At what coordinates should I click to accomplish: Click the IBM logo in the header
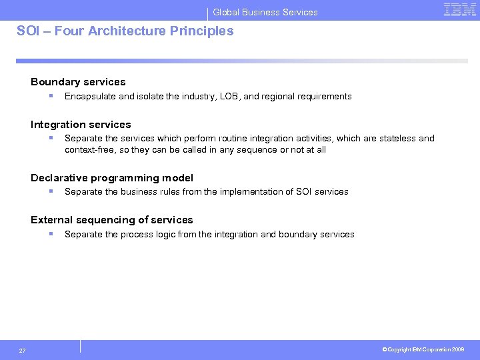pyautogui.click(x=460, y=9)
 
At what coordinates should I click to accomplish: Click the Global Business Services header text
pyautogui.click(x=265, y=12)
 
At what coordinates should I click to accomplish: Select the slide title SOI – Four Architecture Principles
pyautogui.click(x=125, y=31)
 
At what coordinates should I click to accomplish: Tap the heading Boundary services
pyautogui.click(x=78, y=82)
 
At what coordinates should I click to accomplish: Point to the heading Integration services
pyautogui.click(x=81, y=125)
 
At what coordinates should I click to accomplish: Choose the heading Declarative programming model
pyautogui.click(x=112, y=178)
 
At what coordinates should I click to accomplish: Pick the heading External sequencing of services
pyautogui.click(x=112, y=220)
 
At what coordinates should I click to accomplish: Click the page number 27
pyautogui.click(x=23, y=351)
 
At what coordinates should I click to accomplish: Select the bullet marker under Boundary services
pyautogui.click(x=51, y=96)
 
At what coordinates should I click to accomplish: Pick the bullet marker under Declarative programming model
pyautogui.click(x=51, y=191)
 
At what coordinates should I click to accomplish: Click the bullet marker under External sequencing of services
pyautogui.click(x=51, y=234)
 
